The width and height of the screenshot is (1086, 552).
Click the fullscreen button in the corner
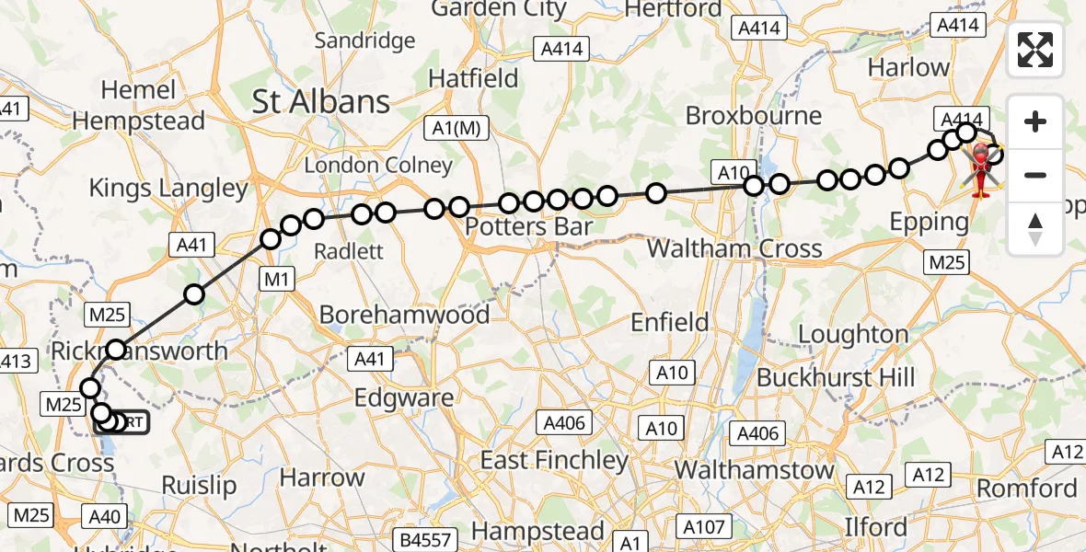click(x=1035, y=50)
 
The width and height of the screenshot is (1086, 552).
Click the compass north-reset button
click(x=1035, y=228)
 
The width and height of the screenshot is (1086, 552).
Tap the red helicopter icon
click(x=982, y=170)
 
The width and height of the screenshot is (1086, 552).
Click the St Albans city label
click(x=321, y=102)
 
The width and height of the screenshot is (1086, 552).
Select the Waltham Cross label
click(x=734, y=248)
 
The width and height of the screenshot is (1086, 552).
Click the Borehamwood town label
click(x=404, y=315)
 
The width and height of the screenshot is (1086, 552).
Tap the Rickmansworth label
click(x=140, y=351)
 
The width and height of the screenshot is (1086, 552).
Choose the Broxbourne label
click(x=754, y=116)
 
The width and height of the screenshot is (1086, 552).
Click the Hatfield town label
click(x=474, y=78)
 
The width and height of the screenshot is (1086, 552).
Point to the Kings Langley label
click(x=168, y=189)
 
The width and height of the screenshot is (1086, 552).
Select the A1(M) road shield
click(x=455, y=129)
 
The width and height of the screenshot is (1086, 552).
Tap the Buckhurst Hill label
click(x=836, y=377)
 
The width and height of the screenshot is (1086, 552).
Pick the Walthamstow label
click(x=754, y=469)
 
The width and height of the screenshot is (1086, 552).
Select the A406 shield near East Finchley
click(x=564, y=422)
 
